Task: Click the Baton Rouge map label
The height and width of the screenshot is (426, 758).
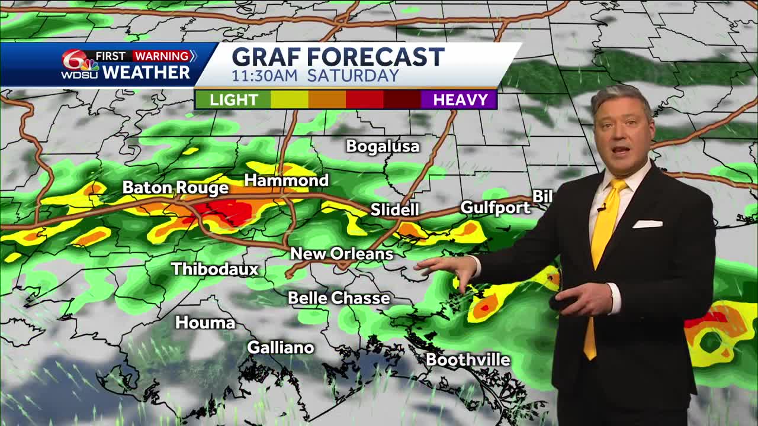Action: coord(175,188)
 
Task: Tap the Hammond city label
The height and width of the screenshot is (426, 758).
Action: coord(286,180)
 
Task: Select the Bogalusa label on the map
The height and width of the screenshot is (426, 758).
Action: coord(383,146)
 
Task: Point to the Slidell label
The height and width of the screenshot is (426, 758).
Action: coord(394,209)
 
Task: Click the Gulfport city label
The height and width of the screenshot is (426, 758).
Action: coord(495,208)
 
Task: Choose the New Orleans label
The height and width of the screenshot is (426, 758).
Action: coord(342,254)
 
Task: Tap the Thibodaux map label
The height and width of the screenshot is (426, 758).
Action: coord(215,269)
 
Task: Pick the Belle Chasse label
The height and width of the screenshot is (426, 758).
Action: coord(339,298)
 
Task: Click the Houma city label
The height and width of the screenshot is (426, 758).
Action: coord(205,322)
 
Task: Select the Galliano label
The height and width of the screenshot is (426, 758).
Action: coord(280,347)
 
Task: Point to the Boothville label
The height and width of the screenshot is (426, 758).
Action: coord(468,359)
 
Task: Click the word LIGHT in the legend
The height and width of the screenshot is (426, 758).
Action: coord(233,99)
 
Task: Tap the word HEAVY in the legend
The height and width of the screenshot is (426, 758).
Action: coord(460,99)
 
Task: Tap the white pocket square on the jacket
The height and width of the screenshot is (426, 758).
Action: coord(647,224)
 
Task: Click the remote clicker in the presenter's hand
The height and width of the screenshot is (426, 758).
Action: coord(563,302)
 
